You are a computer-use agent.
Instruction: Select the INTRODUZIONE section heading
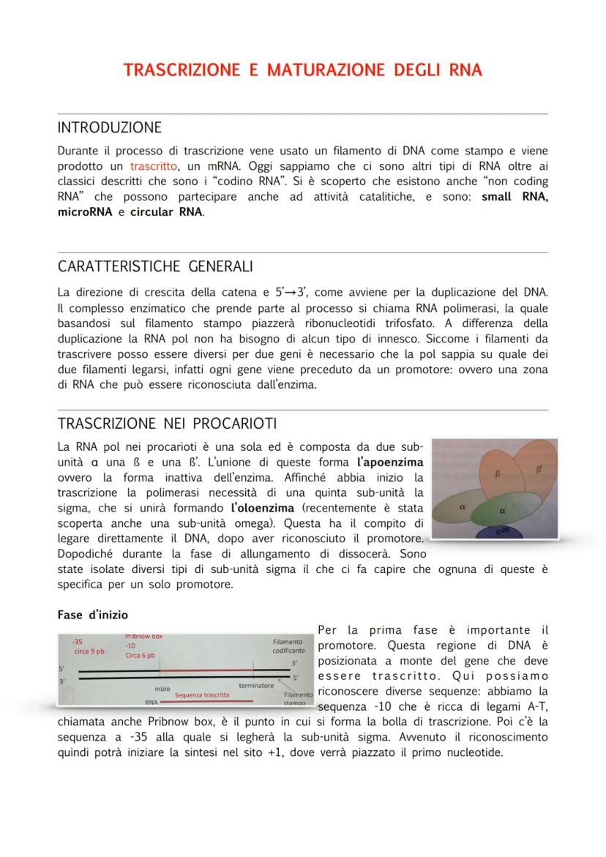[109, 128]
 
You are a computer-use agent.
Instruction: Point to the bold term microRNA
[82, 212]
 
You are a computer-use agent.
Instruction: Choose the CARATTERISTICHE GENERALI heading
[155, 266]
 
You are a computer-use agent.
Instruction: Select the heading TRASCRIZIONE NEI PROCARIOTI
[167, 424]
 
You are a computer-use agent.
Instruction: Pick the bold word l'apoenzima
[389, 463]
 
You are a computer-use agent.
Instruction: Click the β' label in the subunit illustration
[539, 469]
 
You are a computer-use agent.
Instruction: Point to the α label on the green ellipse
[502, 511]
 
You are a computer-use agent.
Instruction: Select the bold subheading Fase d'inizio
[92, 615]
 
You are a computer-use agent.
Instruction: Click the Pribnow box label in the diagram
[143, 637]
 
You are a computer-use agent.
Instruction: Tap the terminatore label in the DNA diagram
[256, 686]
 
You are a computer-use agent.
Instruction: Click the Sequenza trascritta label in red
[201, 695]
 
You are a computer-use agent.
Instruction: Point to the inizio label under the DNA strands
[162, 689]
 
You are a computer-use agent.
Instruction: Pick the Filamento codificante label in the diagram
[288, 645]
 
